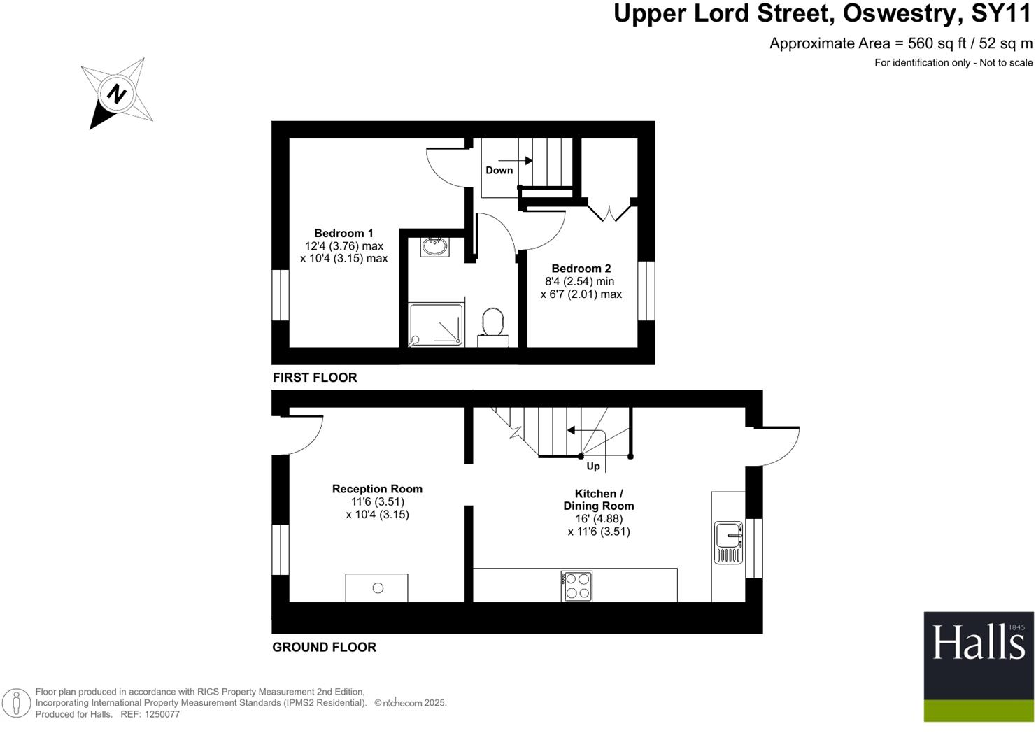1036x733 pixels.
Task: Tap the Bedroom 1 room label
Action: [x=343, y=234]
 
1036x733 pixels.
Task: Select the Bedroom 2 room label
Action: [x=581, y=269]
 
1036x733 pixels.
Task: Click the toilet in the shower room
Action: [x=493, y=325]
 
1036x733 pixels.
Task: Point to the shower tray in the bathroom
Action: [x=436, y=324]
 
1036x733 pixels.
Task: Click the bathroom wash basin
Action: [x=435, y=246]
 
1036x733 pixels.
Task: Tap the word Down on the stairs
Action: [x=499, y=171]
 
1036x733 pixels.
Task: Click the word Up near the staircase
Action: [x=592, y=467]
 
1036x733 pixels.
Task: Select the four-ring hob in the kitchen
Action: [x=577, y=586]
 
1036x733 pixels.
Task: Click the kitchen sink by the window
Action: [x=728, y=541]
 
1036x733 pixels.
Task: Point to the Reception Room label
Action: [x=377, y=489]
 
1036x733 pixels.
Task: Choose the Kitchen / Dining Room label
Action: [x=599, y=499]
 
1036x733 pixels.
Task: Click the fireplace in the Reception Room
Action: [x=377, y=588]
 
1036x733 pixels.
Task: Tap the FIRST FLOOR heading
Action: [x=315, y=378]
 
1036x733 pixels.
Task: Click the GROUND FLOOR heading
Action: [x=324, y=648]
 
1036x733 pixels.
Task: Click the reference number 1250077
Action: [x=160, y=714]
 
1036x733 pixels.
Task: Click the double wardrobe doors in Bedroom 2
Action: [x=609, y=211]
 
